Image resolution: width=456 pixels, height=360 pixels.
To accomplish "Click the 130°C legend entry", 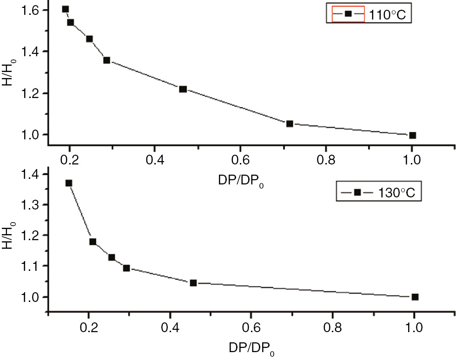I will [380, 192].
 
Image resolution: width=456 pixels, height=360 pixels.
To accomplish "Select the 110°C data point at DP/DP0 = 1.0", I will [412, 135].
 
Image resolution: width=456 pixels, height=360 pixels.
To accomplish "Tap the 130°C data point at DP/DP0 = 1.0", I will [415, 297].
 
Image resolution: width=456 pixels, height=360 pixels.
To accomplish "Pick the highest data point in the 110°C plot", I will [66, 9].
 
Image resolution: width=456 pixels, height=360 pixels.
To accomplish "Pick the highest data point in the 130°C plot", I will [69, 183].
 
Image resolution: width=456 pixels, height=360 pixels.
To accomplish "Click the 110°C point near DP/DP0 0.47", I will [183, 89].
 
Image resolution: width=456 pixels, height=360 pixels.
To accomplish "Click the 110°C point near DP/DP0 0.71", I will [290, 124].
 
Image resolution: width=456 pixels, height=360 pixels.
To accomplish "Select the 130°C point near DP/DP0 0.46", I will [193, 282].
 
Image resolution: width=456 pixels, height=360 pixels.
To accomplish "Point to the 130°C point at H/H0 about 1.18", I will [93, 242].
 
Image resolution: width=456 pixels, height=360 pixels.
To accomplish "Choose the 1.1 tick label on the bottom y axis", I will [32, 266].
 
